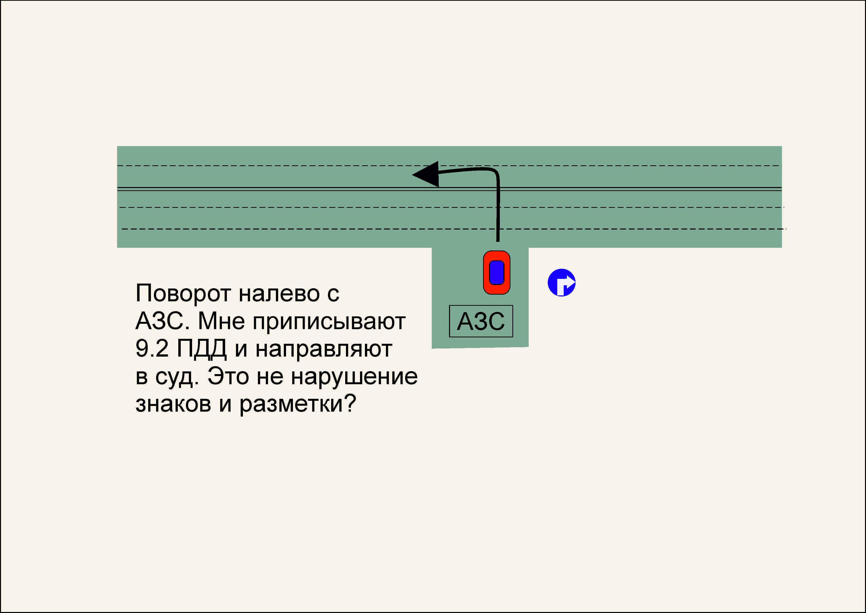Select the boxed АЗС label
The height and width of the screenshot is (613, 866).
(x=481, y=321)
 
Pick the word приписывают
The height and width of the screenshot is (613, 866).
(x=329, y=322)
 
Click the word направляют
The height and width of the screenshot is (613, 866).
(x=324, y=349)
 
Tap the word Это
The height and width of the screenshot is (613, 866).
(x=228, y=376)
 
